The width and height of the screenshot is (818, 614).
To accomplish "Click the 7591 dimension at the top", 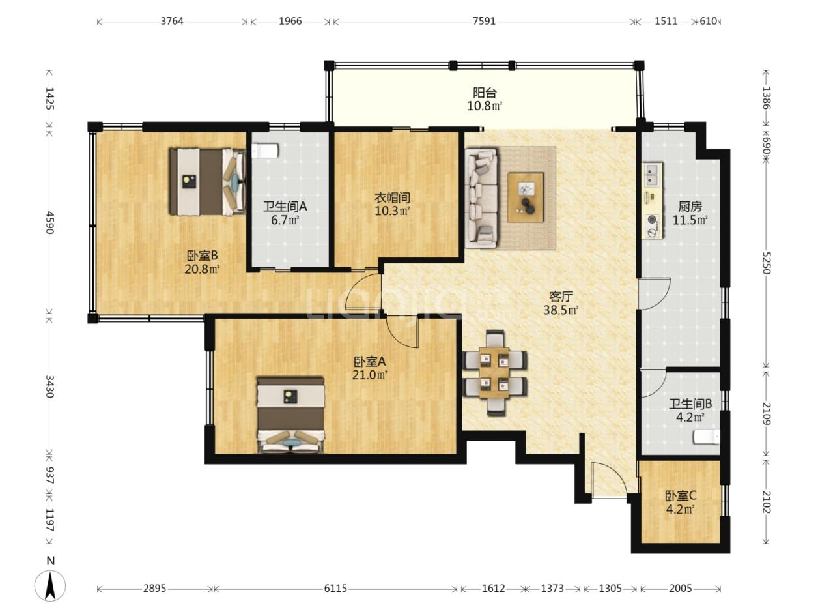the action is pos(484,22).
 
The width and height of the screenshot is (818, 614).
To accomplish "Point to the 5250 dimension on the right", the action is pos(766,263).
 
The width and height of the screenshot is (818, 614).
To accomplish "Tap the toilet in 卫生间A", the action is pos(265,151).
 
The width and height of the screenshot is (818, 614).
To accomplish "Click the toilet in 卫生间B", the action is pos(707,437).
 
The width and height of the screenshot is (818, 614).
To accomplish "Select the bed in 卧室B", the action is pos(207,182).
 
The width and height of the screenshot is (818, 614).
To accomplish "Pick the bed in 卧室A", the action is pos(290,415).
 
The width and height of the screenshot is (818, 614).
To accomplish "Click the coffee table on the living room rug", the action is pos(526,197).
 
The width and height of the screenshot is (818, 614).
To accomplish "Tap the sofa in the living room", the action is pos(481,198).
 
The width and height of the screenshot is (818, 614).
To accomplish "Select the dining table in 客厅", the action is pos(494,373).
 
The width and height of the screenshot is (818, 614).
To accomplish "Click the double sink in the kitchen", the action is pos(652,175).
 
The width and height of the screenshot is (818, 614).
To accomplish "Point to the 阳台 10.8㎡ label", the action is pos(485,99).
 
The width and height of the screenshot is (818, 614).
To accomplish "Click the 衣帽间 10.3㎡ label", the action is pos(393,204).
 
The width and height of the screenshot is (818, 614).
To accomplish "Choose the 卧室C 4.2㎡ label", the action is pos(681,502).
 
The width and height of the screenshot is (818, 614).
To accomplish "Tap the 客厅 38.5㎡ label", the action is pos(561,303).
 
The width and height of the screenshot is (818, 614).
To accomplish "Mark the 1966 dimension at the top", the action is pos(290,22).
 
